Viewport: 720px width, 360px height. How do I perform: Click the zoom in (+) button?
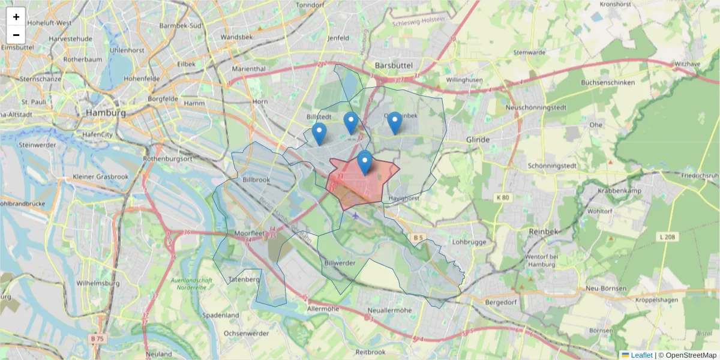pos(16,17)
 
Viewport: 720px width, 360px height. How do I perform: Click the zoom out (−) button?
pos(16,35)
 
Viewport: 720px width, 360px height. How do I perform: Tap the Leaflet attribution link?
pos(641,355)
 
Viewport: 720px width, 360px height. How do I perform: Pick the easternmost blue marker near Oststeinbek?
pos(394,122)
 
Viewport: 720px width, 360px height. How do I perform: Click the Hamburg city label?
pos(106,113)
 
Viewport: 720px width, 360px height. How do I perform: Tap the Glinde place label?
pos(478,139)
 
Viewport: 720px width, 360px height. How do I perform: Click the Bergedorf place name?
pos(500,302)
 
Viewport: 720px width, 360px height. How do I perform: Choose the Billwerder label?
pos(340,263)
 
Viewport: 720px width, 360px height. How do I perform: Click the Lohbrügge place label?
pos(468,242)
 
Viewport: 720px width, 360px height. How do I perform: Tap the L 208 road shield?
pos(667,237)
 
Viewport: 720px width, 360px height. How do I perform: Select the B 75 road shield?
pos(98,338)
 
